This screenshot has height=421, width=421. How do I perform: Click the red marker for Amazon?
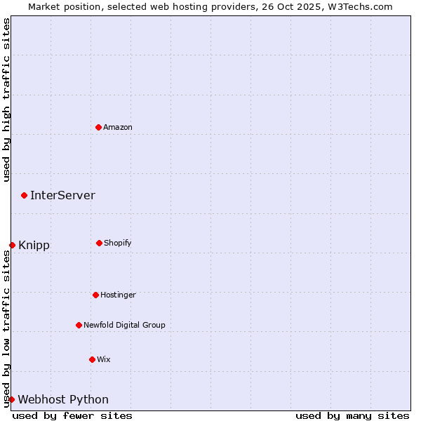coord(98,127)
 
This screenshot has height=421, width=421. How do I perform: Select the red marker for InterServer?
coord(24,195)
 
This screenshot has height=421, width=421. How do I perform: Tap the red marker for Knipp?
coord(12,245)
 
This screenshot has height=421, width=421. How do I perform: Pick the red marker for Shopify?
coord(99,243)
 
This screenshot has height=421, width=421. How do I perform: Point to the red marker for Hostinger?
coord(95,295)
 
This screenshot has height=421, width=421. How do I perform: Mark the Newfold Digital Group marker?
coord(79,325)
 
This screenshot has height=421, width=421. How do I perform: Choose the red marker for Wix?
coord(92,359)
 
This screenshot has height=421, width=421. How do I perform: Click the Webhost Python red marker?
coord(11,399)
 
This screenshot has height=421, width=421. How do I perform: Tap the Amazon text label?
coord(118,127)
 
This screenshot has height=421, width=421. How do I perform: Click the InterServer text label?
coord(62,195)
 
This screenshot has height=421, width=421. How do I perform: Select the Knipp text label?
coord(34,245)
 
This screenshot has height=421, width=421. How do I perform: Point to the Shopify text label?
coord(118,243)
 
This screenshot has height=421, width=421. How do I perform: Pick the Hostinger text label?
coord(118,295)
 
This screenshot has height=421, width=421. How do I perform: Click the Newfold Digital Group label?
coord(124,325)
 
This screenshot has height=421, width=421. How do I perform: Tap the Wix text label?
coord(104,359)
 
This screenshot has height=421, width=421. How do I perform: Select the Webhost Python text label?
coord(63,399)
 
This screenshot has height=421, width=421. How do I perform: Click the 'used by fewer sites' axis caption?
coord(72,415)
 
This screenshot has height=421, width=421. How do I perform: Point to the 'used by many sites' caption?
coord(352,415)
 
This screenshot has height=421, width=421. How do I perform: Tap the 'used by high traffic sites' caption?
coord(6,100)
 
